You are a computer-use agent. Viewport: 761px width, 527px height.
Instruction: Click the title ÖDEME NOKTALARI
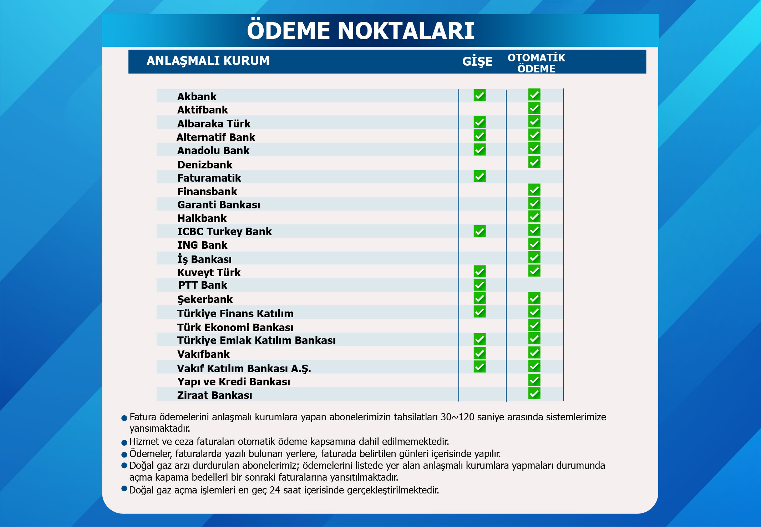click(x=360, y=31)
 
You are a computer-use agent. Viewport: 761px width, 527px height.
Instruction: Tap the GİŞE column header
click(x=477, y=61)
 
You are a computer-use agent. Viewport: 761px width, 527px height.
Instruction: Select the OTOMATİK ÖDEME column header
click(x=536, y=63)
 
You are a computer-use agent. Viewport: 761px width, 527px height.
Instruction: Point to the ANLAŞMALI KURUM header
click(x=208, y=61)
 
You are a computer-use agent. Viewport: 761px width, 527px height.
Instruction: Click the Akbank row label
click(x=197, y=97)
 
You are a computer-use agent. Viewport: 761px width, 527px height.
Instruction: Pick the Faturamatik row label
click(x=209, y=178)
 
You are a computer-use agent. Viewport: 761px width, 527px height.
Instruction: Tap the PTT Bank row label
click(x=203, y=285)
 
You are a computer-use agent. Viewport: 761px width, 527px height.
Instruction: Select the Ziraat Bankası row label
click(x=214, y=395)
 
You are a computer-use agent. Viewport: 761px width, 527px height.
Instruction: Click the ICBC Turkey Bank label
click(x=224, y=232)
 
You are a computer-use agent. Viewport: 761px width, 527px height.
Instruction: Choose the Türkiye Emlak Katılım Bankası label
click(x=256, y=340)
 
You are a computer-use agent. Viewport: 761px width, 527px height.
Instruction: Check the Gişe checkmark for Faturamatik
click(x=480, y=176)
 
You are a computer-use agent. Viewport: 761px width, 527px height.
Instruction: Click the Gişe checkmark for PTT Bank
click(x=480, y=285)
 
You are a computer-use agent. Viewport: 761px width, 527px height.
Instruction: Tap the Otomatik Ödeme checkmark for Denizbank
click(x=534, y=162)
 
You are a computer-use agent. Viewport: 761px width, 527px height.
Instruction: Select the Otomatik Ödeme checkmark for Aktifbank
click(x=534, y=108)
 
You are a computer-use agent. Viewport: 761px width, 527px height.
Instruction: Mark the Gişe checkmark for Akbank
click(x=480, y=95)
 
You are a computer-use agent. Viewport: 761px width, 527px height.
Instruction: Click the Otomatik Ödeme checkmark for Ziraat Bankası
click(x=534, y=394)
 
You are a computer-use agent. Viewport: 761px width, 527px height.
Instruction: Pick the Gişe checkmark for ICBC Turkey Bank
click(x=480, y=231)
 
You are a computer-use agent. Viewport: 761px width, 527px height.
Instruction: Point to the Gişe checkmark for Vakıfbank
click(x=480, y=353)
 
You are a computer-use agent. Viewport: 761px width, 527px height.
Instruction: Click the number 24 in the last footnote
click(x=275, y=490)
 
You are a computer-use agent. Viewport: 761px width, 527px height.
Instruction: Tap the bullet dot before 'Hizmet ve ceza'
click(x=124, y=443)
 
